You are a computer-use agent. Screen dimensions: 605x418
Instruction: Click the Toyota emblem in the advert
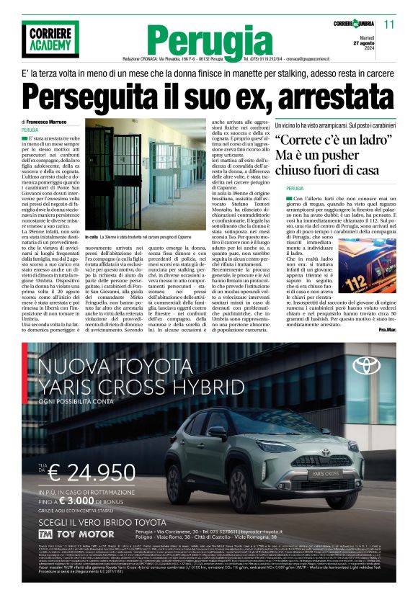[366, 366]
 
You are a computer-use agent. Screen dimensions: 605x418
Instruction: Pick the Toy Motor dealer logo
[76, 534]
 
